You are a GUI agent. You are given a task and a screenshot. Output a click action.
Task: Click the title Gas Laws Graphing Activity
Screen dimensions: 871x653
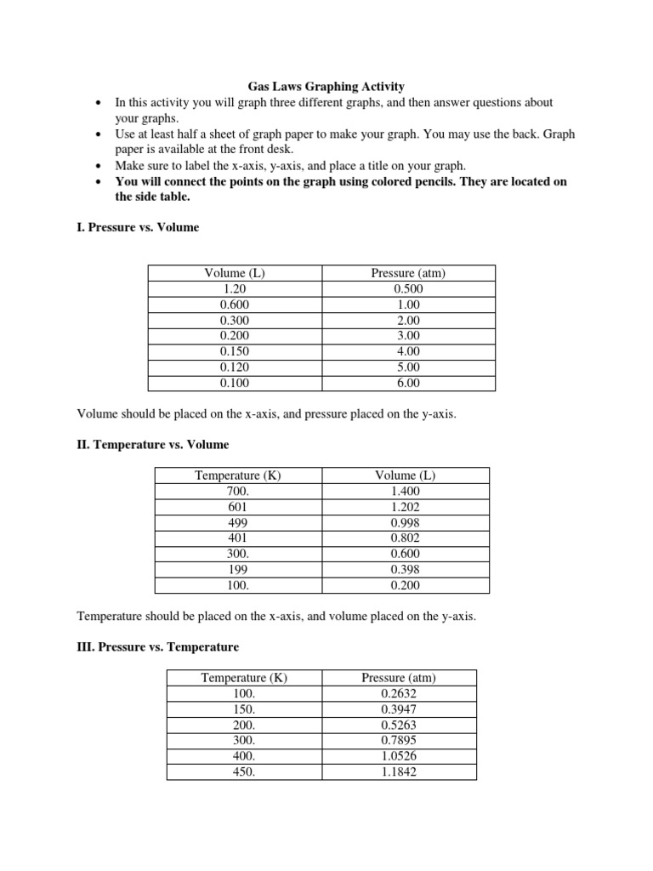click(326, 86)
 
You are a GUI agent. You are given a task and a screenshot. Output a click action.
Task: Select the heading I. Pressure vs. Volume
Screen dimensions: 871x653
click(138, 228)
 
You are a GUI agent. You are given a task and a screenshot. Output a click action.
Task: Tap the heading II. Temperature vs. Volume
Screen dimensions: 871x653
click(152, 445)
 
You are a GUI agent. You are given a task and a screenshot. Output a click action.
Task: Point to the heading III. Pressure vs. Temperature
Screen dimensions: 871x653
click(157, 647)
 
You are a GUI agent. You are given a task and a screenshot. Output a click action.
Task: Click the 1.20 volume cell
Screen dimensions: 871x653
click(235, 288)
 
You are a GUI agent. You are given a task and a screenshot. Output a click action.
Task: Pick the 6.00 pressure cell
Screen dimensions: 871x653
click(408, 383)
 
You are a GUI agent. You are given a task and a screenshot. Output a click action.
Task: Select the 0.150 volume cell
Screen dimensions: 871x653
click(235, 351)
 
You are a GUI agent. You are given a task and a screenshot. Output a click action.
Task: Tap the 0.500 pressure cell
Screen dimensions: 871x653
click(408, 288)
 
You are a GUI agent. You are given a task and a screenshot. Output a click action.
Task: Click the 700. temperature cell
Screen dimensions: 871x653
click(238, 492)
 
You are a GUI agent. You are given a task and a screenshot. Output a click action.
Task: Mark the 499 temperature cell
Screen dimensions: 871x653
click(238, 523)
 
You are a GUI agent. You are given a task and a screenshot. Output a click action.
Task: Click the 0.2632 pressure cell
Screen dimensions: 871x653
click(399, 693)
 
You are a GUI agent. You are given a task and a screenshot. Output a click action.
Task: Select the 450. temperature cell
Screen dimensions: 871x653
click(244, 772)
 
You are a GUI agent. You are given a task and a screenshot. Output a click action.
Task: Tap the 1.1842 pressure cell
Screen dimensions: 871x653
click(399, 772)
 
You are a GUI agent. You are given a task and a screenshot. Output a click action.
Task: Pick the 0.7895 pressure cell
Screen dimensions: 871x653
click(399, 741)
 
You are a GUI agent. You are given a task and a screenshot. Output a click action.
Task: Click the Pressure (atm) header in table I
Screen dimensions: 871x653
click(408, 273)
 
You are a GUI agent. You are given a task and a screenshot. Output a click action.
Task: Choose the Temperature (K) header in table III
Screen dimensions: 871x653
click(244, 678)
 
